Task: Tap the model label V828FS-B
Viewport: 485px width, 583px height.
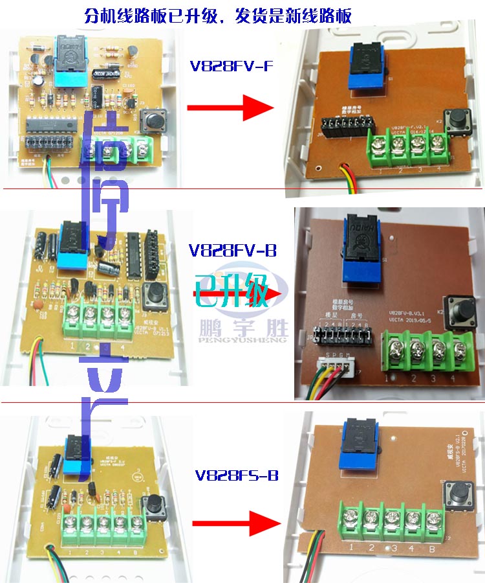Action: click(235, 476)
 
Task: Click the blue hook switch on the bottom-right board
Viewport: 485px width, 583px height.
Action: click(358, 446)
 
